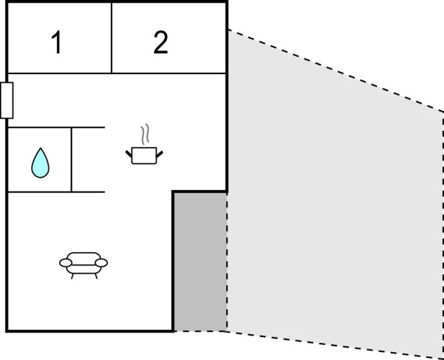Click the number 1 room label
click(x=55, y=44)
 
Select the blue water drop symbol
click(x=40, y=163)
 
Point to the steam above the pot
click(x=145, y=134)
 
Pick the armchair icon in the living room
click(x=83, y=264)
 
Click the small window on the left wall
click(x=6, y=100)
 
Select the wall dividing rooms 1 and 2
click(x=112, y=37)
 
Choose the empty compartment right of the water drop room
click(x=89, y=159)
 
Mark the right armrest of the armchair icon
click(x=102, y=263)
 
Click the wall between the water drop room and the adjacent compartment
click(x=71, y=159)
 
